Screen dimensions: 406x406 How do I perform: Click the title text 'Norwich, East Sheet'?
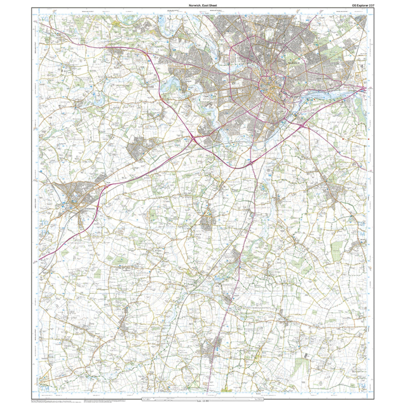[203, 5]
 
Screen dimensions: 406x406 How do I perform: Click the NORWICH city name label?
[296, 63]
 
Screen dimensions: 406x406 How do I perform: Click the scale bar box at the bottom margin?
[203, 399]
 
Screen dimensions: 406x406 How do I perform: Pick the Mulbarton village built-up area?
[206, 223]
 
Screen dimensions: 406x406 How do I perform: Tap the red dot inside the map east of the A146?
[342, 140]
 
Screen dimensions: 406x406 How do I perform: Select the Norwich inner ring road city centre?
[270, 83]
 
